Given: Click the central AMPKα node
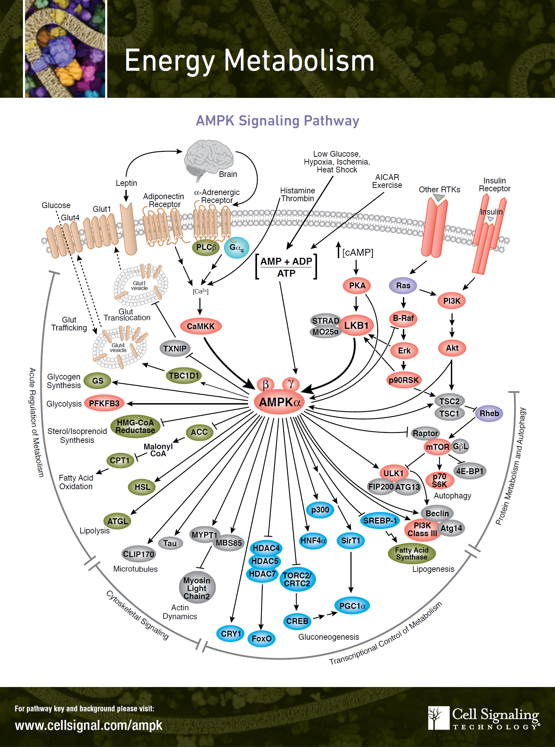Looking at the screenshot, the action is (280, 402).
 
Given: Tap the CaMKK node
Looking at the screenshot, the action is (201, 326).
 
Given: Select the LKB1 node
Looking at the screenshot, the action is (356, 325).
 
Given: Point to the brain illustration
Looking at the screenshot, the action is (209, 159).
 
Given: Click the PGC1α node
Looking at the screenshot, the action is (353, 606).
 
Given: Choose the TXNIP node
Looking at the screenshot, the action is (175, 348).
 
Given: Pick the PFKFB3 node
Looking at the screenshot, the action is (104, 403).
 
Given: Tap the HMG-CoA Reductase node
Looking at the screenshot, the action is (135, 426).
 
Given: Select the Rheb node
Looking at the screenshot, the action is (489, 413).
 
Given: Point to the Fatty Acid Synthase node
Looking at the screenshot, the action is (411, 553).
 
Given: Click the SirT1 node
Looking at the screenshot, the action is (350, 541).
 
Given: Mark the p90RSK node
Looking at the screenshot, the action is (404, 380).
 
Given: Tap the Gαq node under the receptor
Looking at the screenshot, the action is (236, 247).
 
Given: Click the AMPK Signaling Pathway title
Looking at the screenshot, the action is (277, 121).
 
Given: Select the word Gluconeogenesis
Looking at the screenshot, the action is (329, 637).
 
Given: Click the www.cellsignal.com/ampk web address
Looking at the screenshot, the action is (89, 725).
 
